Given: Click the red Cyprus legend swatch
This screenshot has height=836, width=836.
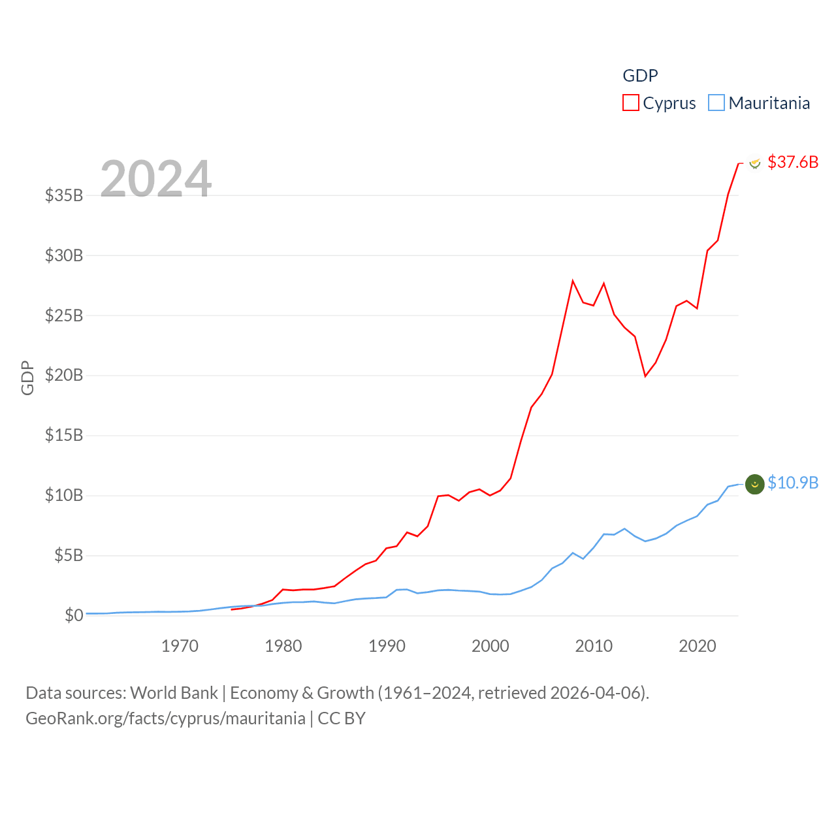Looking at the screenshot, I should tap(630, 103).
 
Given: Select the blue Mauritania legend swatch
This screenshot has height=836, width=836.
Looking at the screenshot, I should tap(716, 103).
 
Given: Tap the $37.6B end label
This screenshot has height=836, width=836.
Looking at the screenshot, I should tap(793, 162).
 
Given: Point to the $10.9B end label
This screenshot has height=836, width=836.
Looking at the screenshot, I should tap(793, 483).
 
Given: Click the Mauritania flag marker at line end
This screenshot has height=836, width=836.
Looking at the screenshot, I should tap(755, 484).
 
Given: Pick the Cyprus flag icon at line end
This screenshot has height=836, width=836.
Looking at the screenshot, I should tap(755, 163).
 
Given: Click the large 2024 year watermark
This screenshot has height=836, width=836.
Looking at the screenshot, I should tap(156, 178).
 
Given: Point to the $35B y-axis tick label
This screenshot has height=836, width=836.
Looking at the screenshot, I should tap(64, 195).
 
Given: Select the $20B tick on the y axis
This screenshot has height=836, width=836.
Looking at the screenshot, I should tap(64, 375).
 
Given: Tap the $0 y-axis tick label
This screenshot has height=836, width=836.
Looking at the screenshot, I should tap(74, 615).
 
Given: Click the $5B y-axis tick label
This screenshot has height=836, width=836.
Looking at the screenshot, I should tap(69, 555).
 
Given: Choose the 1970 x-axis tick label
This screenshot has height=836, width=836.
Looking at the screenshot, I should tap(180, 646).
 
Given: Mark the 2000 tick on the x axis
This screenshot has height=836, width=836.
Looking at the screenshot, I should tap(490, 646).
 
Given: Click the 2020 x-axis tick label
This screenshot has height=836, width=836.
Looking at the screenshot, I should tap(698, 646).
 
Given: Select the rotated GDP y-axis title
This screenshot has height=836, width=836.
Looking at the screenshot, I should tap(27, 378).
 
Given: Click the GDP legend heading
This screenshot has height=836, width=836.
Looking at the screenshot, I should tap(640, 76).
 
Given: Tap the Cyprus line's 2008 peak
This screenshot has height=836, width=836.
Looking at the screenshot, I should tap(573, 281).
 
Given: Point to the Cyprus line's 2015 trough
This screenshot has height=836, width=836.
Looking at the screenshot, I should tap(645, 376).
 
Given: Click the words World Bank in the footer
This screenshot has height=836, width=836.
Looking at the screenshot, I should tap(174, 692).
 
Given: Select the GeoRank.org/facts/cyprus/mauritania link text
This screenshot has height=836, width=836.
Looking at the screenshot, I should tap(165, 718).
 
